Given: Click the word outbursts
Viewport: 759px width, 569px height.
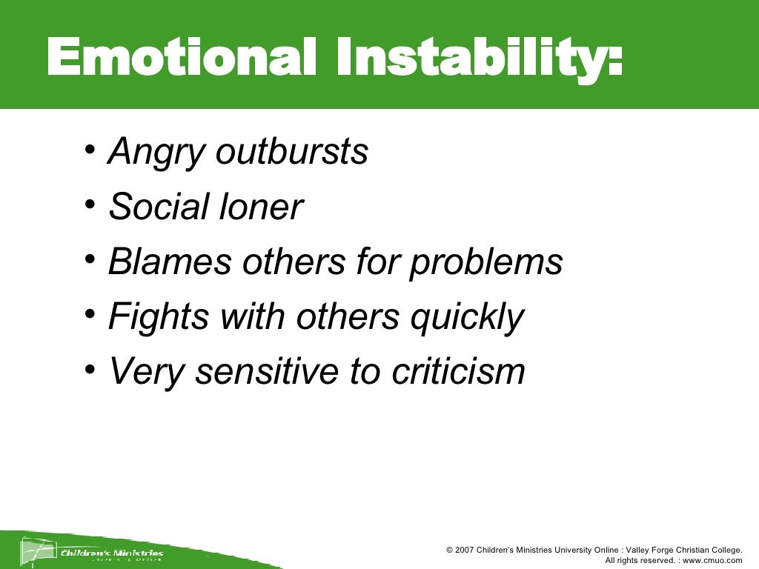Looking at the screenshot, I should pos(292,152).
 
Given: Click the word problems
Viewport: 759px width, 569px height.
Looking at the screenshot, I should pos(486,263).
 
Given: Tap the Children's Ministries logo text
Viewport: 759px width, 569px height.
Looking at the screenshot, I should pos(112,552).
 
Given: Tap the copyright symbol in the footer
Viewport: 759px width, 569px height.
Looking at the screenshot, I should pos(450,550).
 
